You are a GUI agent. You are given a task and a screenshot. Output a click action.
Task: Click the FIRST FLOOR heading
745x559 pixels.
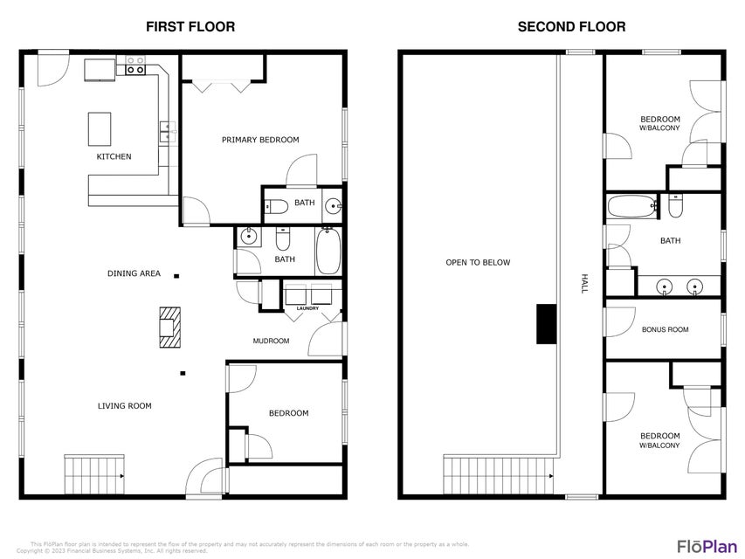point(190,26)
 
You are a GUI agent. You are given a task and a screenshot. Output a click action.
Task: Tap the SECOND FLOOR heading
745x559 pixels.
point(571,26)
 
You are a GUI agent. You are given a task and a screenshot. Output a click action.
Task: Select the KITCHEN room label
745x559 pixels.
point(114,156)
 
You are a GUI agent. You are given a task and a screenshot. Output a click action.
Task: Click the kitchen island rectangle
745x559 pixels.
point(100,128)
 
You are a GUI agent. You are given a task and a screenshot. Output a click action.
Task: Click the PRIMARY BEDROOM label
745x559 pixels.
point(260,140)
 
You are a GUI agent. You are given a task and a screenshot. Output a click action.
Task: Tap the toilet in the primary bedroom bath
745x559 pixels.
point(276,207)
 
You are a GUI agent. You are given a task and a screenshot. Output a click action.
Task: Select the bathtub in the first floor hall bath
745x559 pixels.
point(328,251)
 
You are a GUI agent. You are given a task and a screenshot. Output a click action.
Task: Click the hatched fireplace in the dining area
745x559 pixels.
point(169,328)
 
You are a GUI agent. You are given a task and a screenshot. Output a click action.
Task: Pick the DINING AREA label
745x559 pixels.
point(134,273)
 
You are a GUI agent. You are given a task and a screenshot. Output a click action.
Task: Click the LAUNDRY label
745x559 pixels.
point(308,308)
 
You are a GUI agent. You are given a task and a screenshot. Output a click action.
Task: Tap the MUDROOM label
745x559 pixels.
point(271,341)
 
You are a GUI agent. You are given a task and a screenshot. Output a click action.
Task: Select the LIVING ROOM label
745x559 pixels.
point(125,406)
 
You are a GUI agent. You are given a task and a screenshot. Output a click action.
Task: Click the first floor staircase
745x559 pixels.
point(94,474)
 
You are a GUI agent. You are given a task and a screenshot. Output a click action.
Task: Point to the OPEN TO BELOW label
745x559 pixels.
point(478,262)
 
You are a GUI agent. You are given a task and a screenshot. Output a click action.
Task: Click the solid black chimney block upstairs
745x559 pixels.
point(547,324)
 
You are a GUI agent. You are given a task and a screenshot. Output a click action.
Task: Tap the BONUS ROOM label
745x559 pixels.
point(666,329)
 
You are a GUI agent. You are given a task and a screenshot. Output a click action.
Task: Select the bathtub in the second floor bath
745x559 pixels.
point(632,206)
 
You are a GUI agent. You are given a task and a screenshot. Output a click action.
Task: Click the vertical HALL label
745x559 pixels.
point(585,284)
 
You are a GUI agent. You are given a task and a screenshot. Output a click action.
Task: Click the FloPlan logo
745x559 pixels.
point(707,546)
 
